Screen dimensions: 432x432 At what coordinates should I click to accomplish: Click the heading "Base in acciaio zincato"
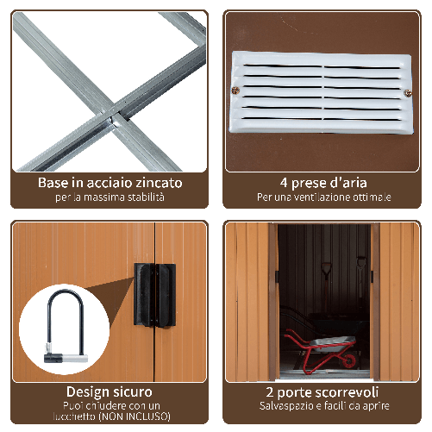tap(110, 183)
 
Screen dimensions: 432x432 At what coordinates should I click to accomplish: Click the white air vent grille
tap(320, 94)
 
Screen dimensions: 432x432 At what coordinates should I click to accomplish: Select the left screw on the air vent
tap(235, 90)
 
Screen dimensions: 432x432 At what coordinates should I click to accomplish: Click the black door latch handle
tap(153, 294)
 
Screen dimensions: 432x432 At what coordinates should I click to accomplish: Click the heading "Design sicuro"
tap(110, 391)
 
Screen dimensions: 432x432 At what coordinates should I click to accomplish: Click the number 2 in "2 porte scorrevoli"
tap(270, 391)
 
